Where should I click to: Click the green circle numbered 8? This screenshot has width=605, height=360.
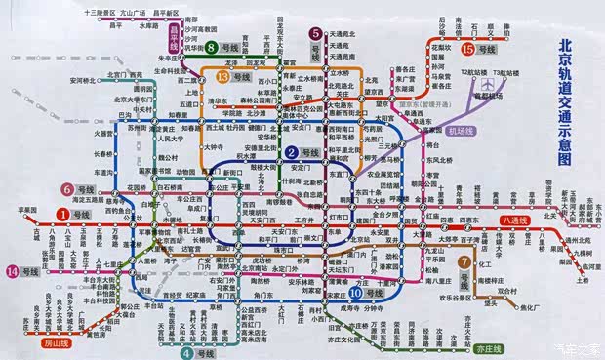click(211, 46)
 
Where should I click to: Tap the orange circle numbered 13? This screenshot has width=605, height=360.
click(223, 76)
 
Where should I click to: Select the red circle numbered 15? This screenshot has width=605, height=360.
click(468, 48)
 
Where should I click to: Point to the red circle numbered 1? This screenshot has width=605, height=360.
click(60, 213)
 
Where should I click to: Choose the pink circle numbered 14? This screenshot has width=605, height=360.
click(13, 270)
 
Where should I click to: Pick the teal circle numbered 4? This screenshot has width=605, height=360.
click(185, 342)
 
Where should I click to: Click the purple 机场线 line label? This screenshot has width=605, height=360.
click(466, 130)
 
